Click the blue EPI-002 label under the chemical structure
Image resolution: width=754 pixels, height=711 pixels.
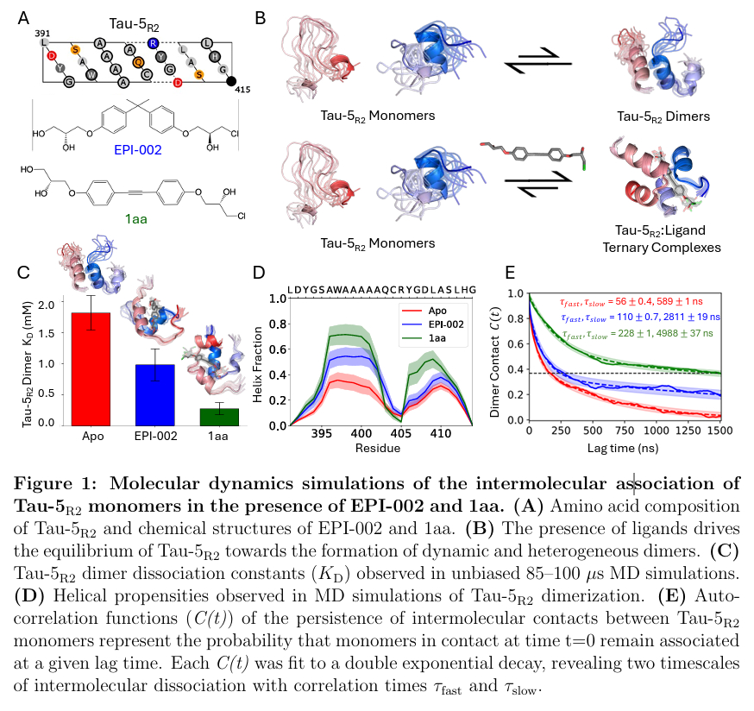pos(140,149)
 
